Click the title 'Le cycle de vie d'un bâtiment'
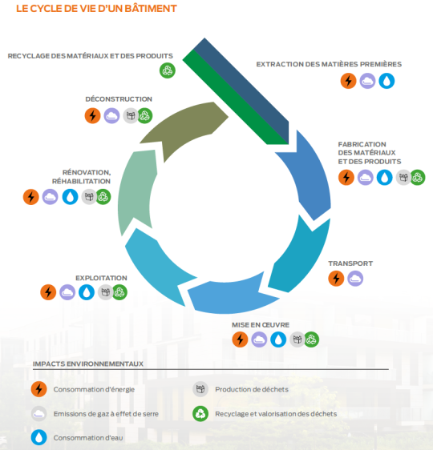click(x=96, y=9)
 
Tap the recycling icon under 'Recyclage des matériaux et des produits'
click(x=168, y=70)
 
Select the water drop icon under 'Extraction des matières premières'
click(x=386, y=81)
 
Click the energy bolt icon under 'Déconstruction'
click(x=92, y=116)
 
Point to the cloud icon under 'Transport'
click(x=355, y=279)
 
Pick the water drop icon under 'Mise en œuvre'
click(x=278, y=340)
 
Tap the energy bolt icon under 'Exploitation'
click(x=48, y=292)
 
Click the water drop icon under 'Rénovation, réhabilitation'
click(x=70, y=197)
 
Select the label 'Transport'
click(x=350, y=263)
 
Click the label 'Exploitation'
click(x=101, y=278)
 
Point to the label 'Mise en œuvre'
click(x=261, y=325)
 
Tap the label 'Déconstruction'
click(x=119, y=99)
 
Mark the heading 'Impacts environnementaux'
click(x=88, y=364)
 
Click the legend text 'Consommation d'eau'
click(x=88, y=438)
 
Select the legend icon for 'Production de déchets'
click(x=200, y=389)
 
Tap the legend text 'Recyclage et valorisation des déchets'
click(x=276, y=414)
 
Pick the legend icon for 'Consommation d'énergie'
click(x=38, y=389)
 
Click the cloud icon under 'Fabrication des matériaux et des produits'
click(x=365, y=178)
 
